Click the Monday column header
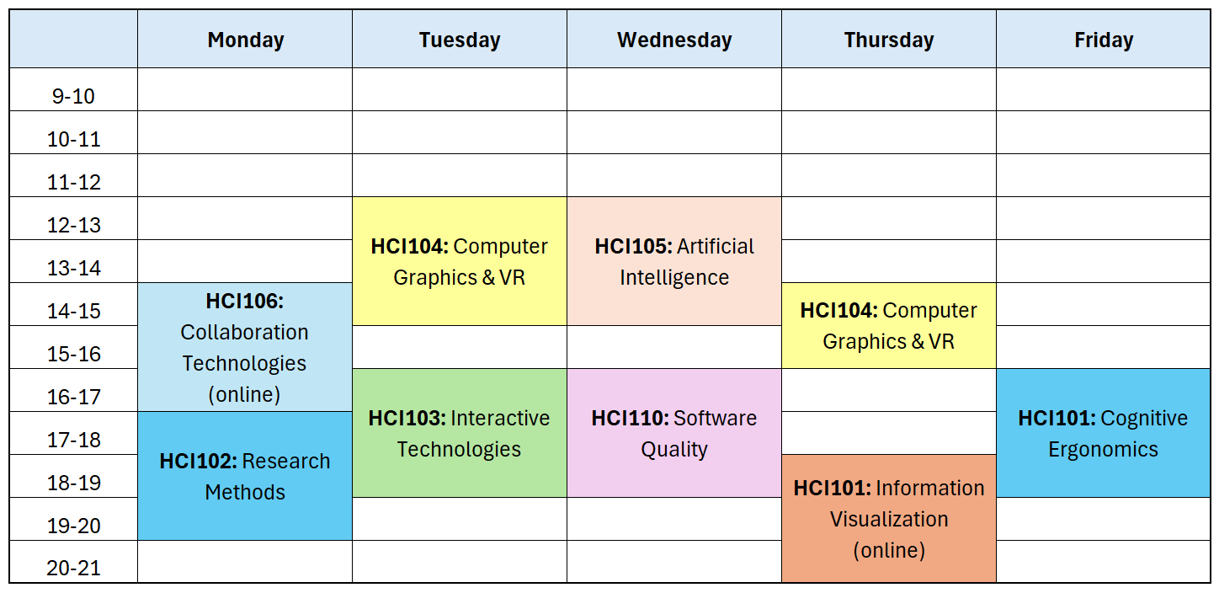pyautogui.click(x=245, y=40)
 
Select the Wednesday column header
pyautogui.click(x=674, y=40)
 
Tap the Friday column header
pyautogui.click(x=1103, y=40)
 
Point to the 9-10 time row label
pyautogui.click(x=74, y=96)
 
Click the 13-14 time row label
pyautogui.click(x=74, y=268)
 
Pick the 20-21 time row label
pyautogui.click(x=74, y=568)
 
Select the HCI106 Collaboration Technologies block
pyautogui.click(x=245, y=347)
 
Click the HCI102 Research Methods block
pyautogui.click(x=245, y=476)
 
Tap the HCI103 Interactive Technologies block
pyautogui.click(x=460, y=433)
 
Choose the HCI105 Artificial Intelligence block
pyautogui.click(x=674, y=261)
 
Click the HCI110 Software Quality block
pyautogui.click(x=674, y=433)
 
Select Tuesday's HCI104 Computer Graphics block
pyautogui.click(x=460, y=261)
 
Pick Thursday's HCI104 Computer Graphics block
pyautogui.click(x=889, y=326)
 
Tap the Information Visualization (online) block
pyautogui.click(x=889, y=519)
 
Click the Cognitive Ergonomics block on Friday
pyautogui.click(x=1103, y=433)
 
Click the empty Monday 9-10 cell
pyautogui.click(x=245, y=89)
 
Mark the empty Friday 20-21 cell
pyautogui.click(x=1103, y=561)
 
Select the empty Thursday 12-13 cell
pyautogui.click(x=889, y=218)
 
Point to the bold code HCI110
pyautogui.click(x=630, y=418)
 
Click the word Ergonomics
pyautogui.click(x=1103, y=449)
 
